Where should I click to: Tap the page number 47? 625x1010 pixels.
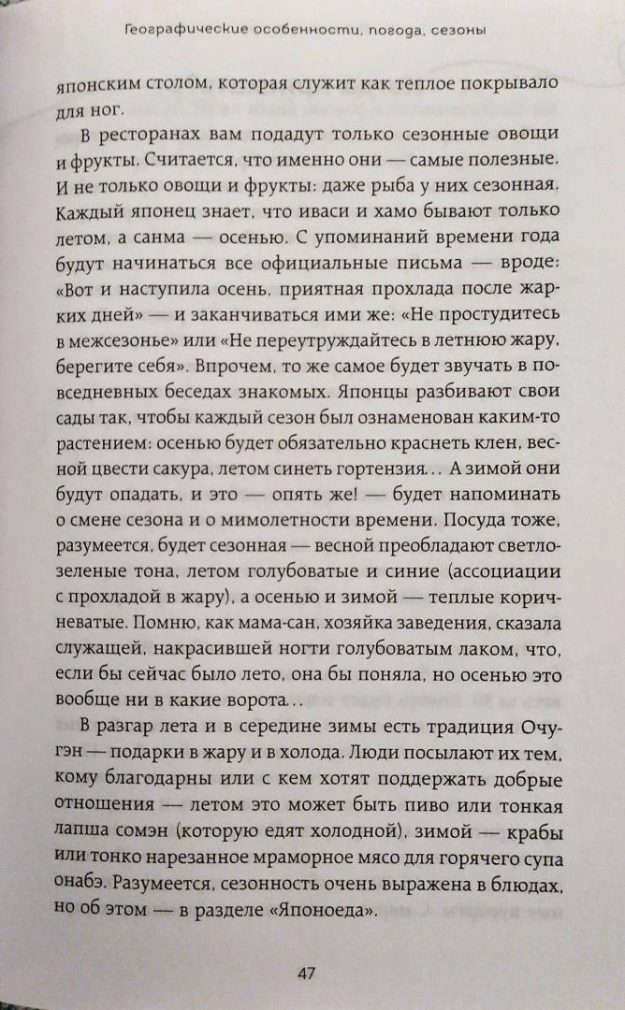pos(306,974)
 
